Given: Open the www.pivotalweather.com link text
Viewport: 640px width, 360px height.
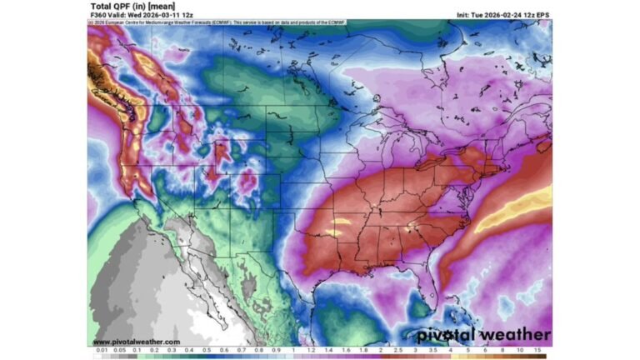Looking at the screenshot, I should pyautogui.click(x=136, y=342).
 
